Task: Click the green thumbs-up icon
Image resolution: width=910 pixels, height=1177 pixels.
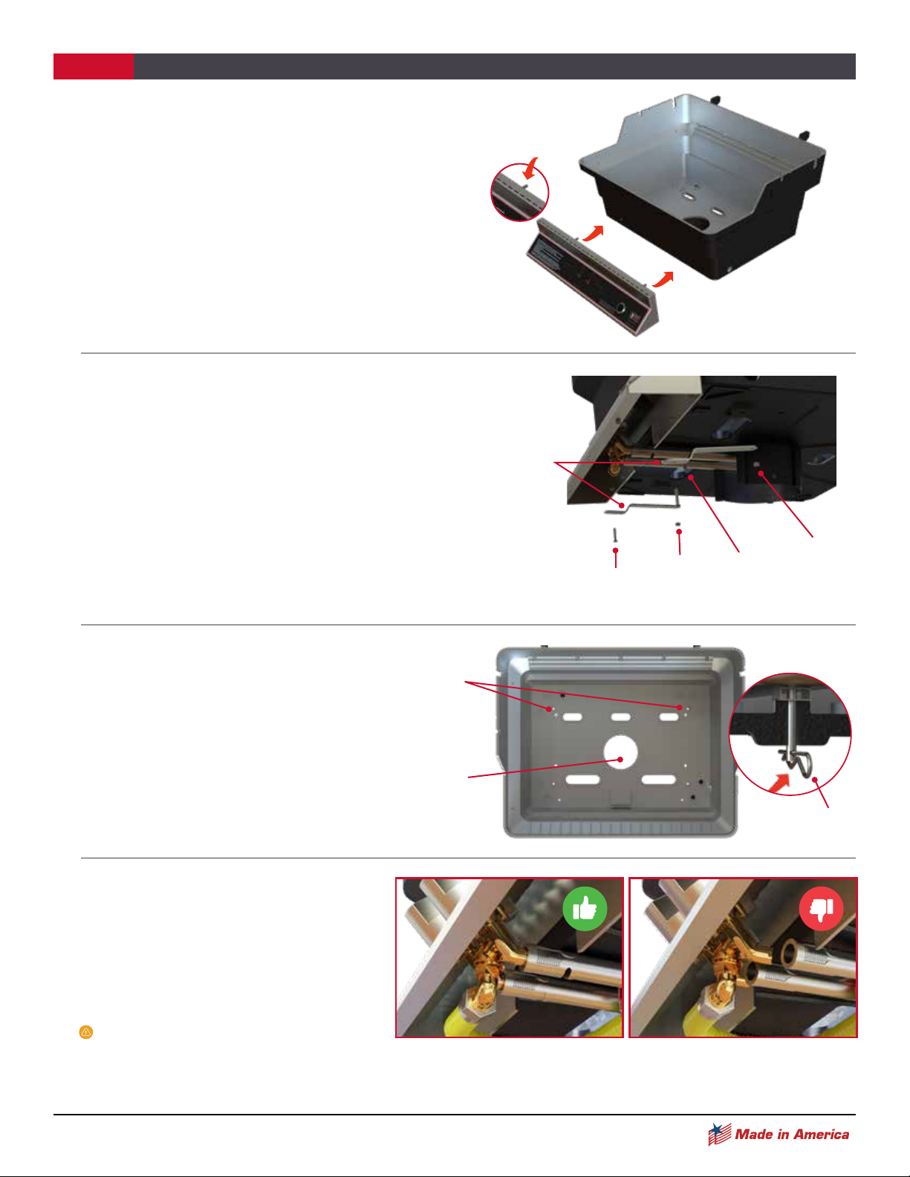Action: pos(585,908)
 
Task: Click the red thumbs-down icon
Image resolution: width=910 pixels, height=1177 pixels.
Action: pos(821,908)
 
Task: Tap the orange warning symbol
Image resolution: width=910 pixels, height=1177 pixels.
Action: pos(86,1032)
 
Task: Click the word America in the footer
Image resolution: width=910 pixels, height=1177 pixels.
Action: pos(821,1134)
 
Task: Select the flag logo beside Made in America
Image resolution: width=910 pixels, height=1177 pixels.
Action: pos(720,1134)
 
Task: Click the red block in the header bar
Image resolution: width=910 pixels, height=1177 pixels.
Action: pos(93,66)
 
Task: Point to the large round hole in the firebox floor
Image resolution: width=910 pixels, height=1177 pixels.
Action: pos(621,752)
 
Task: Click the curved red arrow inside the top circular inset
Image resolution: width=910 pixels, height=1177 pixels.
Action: pos(531,167)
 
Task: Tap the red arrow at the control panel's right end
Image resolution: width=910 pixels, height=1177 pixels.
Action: pos(663,279)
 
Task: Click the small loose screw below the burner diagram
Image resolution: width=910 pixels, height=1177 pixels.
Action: pos(615,535)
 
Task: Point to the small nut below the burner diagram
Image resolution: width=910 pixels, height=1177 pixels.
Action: pos(677,524)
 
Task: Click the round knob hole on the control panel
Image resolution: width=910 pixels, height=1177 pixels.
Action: pos(621,310)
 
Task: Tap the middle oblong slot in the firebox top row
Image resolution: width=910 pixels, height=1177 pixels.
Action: pos(621,717)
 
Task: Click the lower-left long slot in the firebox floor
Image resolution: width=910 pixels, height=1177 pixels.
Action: pos(583,780)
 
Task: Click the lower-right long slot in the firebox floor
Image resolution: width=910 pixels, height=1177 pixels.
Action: pos(659,780)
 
